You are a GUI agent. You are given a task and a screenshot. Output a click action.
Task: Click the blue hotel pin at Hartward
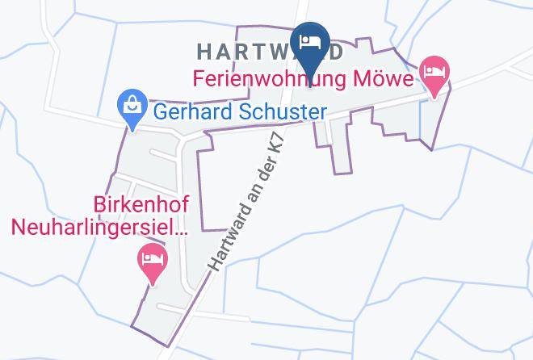[308, 42]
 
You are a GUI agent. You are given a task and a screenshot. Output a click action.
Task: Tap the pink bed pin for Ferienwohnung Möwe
[434, 74]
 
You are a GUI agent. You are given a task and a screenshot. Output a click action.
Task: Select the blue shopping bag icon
[130, 106]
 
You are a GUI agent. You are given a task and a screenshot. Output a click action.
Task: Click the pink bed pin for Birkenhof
[152, 261]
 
